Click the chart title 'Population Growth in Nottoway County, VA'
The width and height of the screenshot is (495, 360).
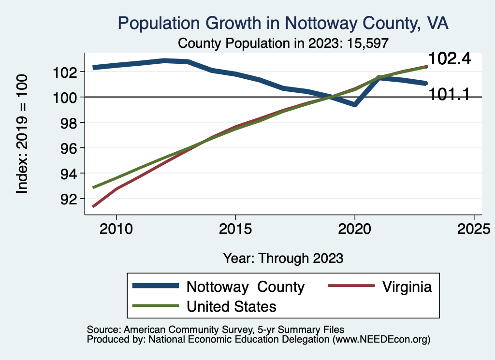point(283,24)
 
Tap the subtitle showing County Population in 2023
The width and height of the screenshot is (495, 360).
point(283,43)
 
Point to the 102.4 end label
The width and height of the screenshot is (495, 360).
point(450,59)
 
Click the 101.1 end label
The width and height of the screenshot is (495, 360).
point(450,94)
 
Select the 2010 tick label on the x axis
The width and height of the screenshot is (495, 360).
point(116,228)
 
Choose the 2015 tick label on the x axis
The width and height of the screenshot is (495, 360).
point(235,228)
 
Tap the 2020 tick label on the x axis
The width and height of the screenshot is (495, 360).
point(355,228)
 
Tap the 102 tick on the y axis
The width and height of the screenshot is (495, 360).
point(67,72)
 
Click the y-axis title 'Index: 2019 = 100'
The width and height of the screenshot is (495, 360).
point(22,134)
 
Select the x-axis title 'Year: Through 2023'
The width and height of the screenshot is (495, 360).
point(283,258)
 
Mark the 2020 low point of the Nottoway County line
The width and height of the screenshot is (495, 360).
point(355,104)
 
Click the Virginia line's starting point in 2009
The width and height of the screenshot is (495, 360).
point(93,206)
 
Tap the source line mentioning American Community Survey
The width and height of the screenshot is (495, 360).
point(216,329)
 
